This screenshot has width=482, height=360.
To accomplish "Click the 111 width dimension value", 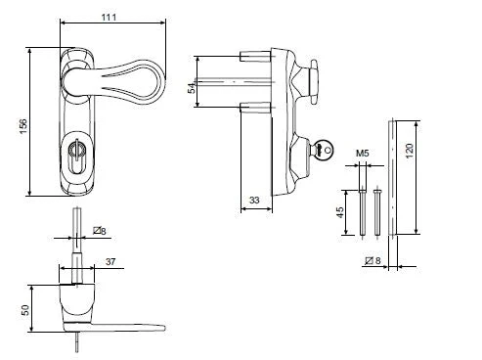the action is (109, 17).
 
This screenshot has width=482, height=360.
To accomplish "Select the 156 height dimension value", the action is (23, 126).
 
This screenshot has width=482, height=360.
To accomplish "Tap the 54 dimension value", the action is (192, 88).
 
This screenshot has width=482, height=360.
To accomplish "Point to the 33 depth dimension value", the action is (254, 200).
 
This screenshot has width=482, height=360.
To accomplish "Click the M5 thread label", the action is (363, 153).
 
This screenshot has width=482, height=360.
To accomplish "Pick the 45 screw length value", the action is (339, 212).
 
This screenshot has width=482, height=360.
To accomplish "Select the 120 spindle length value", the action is (410, 151).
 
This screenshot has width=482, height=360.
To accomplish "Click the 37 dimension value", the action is (110, 261).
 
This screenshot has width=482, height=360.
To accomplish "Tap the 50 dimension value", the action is (25, 310).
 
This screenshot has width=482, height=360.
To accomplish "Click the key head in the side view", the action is (325, 150).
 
